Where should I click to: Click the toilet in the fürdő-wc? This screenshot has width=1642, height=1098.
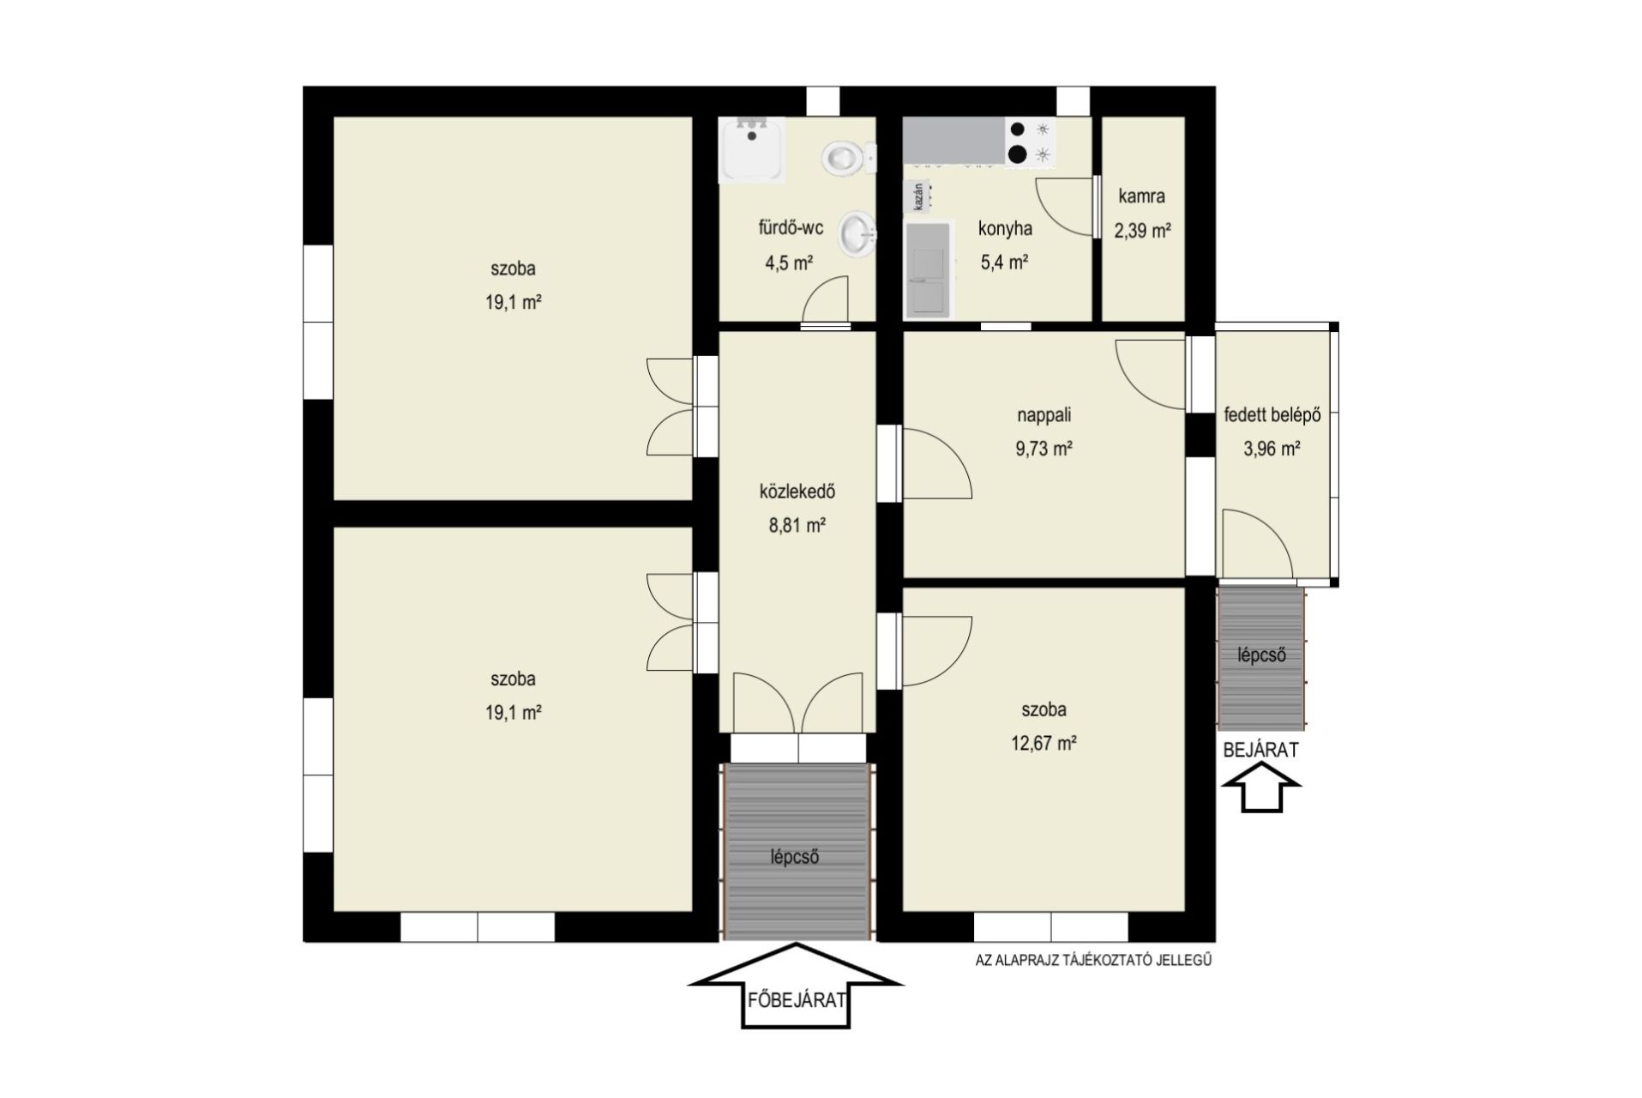click(x=847, y=157)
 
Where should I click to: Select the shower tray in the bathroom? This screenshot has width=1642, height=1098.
click(x=751, y=150)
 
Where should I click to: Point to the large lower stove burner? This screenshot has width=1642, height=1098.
click(x=1018, y=154)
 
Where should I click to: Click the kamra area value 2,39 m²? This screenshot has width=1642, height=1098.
click(x=1142, y=230)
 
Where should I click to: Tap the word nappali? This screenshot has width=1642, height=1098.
click(x=1044, y=415)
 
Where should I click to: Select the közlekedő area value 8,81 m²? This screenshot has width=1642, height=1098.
click(x=797, y=525)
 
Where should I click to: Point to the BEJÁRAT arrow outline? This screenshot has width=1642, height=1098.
click(x=1260, y=789)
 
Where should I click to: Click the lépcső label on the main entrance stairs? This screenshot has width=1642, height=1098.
click(x=795, y=856)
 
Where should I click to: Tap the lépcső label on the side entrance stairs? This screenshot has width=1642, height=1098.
click(x=1261, y=655)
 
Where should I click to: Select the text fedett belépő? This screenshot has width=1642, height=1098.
click(x=1272, y=416)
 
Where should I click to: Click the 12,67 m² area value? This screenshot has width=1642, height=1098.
click(x=1044, y=743)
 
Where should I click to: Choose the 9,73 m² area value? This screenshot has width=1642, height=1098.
click(x=1044, y=448)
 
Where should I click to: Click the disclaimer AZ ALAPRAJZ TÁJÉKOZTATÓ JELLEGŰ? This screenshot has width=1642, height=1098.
click(x=1093, y=961)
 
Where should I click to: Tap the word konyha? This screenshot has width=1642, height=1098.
click(x=1005, y=229)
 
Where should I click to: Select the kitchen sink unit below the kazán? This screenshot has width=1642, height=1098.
click(x=929, y=270)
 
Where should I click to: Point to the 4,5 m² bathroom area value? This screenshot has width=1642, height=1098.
click(x=789, y=262)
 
